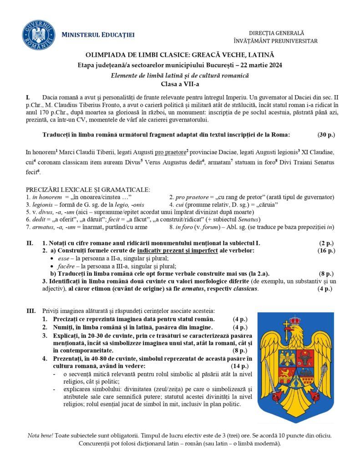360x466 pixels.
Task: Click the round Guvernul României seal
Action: point(39,35)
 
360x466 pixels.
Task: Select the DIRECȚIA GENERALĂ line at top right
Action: point(276,33)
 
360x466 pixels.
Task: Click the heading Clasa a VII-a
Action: point(179,84)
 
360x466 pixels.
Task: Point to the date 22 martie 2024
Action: point(257,65)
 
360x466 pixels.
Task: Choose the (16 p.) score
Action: point(326,251)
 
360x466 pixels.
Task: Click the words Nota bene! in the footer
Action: point(40,436)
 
